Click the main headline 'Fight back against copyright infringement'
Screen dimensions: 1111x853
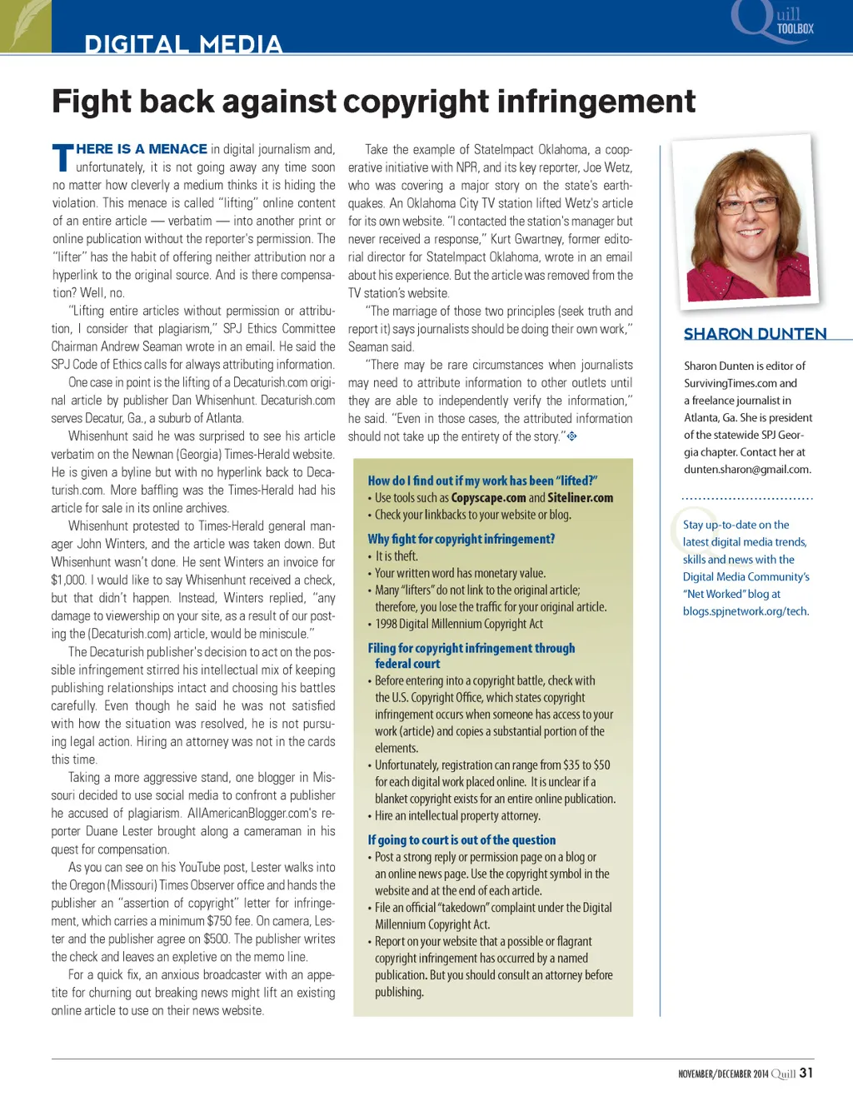(373, 102)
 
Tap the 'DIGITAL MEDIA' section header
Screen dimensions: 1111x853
(183, 43)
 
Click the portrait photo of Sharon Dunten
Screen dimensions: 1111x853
(746, 221)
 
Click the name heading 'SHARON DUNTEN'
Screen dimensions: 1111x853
(755, 334)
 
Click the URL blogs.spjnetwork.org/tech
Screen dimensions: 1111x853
(746, 610)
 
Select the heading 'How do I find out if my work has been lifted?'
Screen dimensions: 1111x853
(482, 481)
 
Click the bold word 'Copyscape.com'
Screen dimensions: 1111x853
(488, 497)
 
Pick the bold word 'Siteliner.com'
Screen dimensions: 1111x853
(580, 497)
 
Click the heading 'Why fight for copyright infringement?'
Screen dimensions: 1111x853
(461, 539)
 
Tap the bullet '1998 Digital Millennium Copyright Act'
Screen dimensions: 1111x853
(458, 624)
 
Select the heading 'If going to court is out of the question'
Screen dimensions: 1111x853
(461, 839)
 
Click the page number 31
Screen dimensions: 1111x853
(806, 1073)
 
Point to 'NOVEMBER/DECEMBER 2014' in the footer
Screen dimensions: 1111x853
(723, 1074)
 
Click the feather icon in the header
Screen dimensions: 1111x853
(25, 25)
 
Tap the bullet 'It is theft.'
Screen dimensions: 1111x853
(396, 556)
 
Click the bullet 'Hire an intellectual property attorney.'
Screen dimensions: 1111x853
(457, 815)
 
